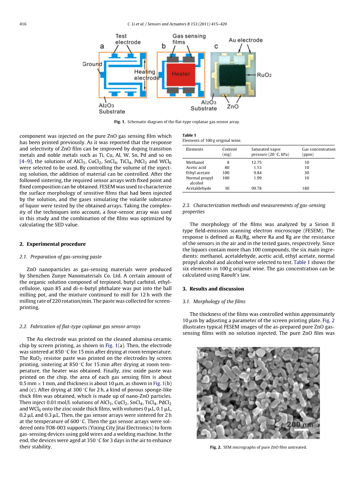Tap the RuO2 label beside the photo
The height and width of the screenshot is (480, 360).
pyautogui.click(x=264, y=75)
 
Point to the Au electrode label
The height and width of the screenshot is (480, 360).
pyautogui.click(x=245, y=40)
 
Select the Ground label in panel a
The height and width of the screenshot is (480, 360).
pyautogui.click(x=92, y=64)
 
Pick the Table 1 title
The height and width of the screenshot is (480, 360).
pyautogui.click(x=189, y=135)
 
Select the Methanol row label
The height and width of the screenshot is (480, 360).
pyautogui.click(x=195, y=162)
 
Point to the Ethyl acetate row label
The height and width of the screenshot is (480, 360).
pyautogui.click(x=198, y=173)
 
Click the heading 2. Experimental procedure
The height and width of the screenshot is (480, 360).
pyautogui.click(x=52, y=244)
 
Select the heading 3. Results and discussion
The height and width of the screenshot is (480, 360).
pyautogui.click(x=213, y=289)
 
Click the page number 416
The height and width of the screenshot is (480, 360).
pyautogui.click(x=23, y=24)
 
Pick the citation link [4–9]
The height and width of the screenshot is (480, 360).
pyautogui.click(x=26, y=161)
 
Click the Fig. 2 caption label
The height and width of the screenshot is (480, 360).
pyautogui.click(x=216, y=447)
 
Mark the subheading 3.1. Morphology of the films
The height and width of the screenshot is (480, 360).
pyautogui.click(x=214, y=301)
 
